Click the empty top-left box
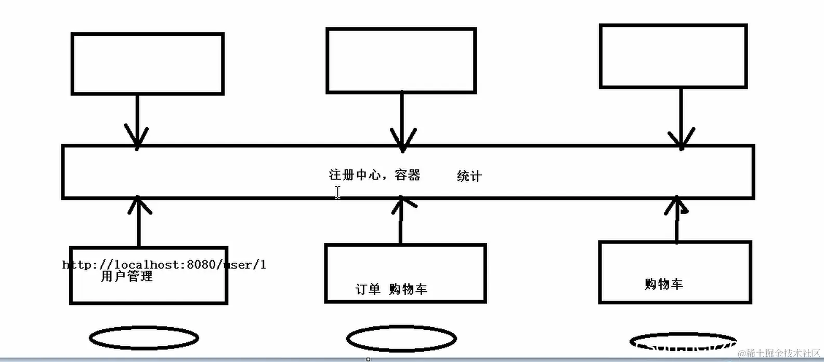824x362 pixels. (148, 64)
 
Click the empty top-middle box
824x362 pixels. (401, 61)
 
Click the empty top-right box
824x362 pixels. (673, 56)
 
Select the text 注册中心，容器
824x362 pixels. (374, 175)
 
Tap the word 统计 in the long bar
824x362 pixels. (469, 176)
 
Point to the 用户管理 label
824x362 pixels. (127, 276)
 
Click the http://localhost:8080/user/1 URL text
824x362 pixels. (164, 264)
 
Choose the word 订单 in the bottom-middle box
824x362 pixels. (368, 289)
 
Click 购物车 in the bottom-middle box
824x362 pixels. (408, 289)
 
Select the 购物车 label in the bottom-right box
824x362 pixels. (663, 284)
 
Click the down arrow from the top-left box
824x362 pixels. (137, 123)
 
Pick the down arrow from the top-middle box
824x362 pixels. (402, 123)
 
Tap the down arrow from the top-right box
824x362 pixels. (681, 119)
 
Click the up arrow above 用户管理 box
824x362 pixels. (139, 221)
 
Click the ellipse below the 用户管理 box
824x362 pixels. (144, 338)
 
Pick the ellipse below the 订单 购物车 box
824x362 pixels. (401, 339)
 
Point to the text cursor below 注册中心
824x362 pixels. (337, 192)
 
